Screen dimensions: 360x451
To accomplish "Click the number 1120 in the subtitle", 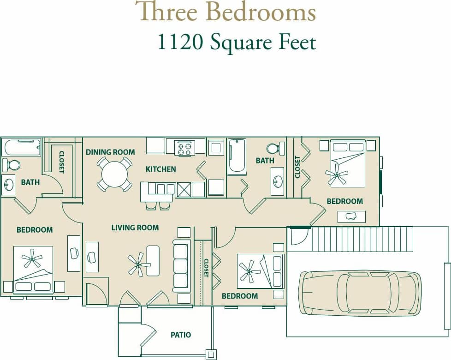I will tap(180, 42).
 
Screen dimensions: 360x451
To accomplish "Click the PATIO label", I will tap(181, 335).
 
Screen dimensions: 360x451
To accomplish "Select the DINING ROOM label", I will tap(110, 152).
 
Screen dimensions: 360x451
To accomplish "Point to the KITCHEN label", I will tap(160, 169).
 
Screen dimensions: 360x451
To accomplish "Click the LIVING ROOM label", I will tap(135, 228).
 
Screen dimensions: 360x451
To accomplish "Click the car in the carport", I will tap(360, 293).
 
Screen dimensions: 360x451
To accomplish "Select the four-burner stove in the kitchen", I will tap(184, 148).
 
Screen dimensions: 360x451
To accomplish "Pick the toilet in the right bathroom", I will tap(273, 149).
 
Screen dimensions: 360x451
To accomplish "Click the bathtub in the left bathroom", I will tap(22, 148).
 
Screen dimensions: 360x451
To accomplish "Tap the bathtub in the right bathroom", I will tap(237, 156).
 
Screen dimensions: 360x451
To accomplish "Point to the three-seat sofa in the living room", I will tap(181, 266).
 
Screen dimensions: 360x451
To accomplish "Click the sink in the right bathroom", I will tap(277, 181).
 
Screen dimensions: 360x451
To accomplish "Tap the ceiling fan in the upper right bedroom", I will tap(337, 175).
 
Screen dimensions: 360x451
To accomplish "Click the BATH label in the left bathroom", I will tap(30, 182).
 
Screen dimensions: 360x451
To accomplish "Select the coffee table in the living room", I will tap(153, 260).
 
